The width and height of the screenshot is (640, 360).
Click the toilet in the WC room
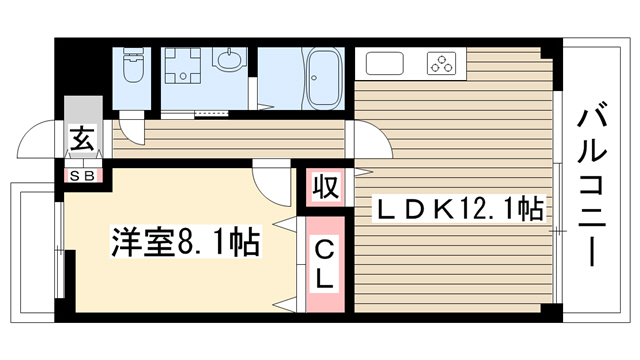(x=134, y=65)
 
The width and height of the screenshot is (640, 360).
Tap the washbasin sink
(x=229, y=60)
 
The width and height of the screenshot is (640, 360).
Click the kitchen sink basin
(x=384, y=64)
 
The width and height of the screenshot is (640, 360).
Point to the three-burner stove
(x=441, y=64)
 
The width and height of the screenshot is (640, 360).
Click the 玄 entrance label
(x=83, y=138)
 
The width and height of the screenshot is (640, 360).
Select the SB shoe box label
(x=82, y=176)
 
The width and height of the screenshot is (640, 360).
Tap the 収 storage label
(x=326, y=187)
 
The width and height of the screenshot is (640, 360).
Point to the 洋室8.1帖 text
(x=186, y=243)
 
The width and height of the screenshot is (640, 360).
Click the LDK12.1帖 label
(x=458, y=208)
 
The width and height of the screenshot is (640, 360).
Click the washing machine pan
(x=182, y=65)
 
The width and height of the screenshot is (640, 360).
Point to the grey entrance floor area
(x=83, y=127)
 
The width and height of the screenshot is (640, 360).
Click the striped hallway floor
(x=229, y=139)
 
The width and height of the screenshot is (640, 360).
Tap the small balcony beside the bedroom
(x=33, y=253)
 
